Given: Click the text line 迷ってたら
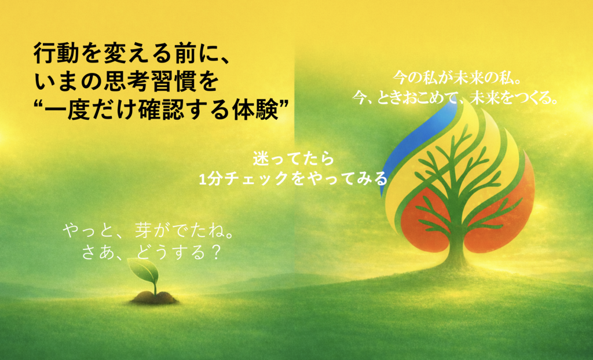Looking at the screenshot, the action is (x=294, y=159).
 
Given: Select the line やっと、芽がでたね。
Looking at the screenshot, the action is (x=148, y=230).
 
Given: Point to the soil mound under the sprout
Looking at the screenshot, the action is (x=154, y=298).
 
